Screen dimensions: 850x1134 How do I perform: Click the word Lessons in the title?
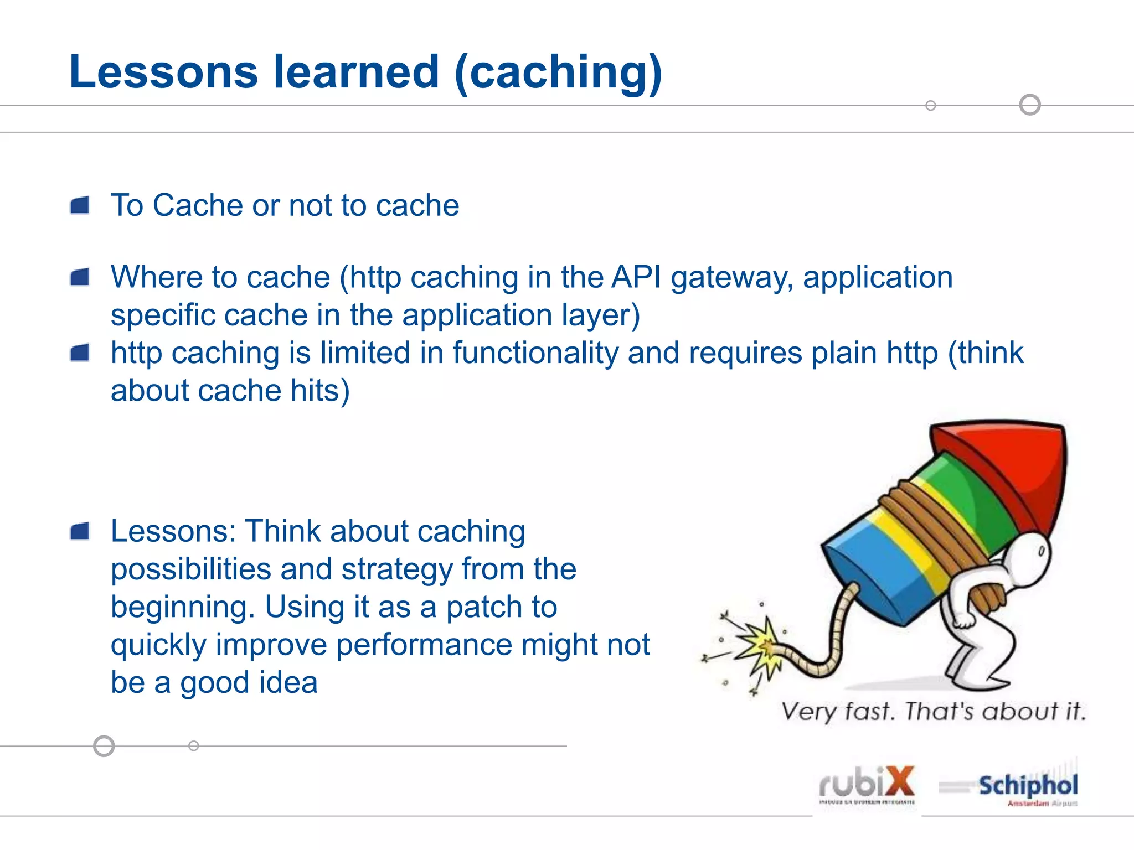click(164, 72)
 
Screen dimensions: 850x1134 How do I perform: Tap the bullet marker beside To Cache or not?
click(80, 205)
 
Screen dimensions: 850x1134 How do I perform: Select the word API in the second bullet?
click(636, 277)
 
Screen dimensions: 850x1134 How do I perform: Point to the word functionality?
click(535, 353)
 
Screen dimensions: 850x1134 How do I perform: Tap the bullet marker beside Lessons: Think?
click(80, 531)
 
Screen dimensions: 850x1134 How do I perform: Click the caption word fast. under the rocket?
click(869, 711)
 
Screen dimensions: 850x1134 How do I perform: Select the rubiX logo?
click(867, 785)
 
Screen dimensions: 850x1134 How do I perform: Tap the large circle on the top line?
click(1030, 105)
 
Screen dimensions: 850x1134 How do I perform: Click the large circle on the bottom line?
click(104, 746)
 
